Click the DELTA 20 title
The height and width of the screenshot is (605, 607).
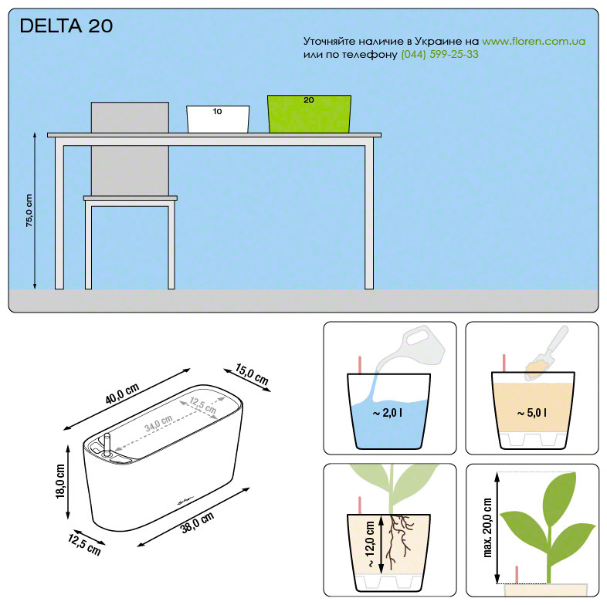(x=66, y=26)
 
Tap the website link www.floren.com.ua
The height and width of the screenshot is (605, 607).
(x=534, y=41)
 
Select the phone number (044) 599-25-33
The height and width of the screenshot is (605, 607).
(x=439, y=54)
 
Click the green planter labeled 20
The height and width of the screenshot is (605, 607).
(x=309, y=114)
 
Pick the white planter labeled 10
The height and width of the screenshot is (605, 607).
(x=218, y=119)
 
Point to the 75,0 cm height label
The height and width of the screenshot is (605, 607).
(x=29, y=211)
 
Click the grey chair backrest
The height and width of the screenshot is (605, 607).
(x=130, y=149)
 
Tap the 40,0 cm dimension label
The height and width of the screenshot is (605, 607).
(x=122, y=394)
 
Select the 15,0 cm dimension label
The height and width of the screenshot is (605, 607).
(x=252, y=374)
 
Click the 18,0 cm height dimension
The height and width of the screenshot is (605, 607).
(x=60, y=481)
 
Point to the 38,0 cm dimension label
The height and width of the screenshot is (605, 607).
(x=197, y=522)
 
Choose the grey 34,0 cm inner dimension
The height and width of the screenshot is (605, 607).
(x=159, y=424)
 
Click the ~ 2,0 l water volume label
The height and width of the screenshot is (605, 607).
(x=388, y=413)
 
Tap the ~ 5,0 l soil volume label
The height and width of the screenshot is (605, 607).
(x=532, y=413)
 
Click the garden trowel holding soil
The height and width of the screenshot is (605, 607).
(x=546, y=353)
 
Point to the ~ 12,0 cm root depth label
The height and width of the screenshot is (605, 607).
(x=370, y=544)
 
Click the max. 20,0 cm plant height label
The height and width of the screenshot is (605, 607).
(x=487, y=528)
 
